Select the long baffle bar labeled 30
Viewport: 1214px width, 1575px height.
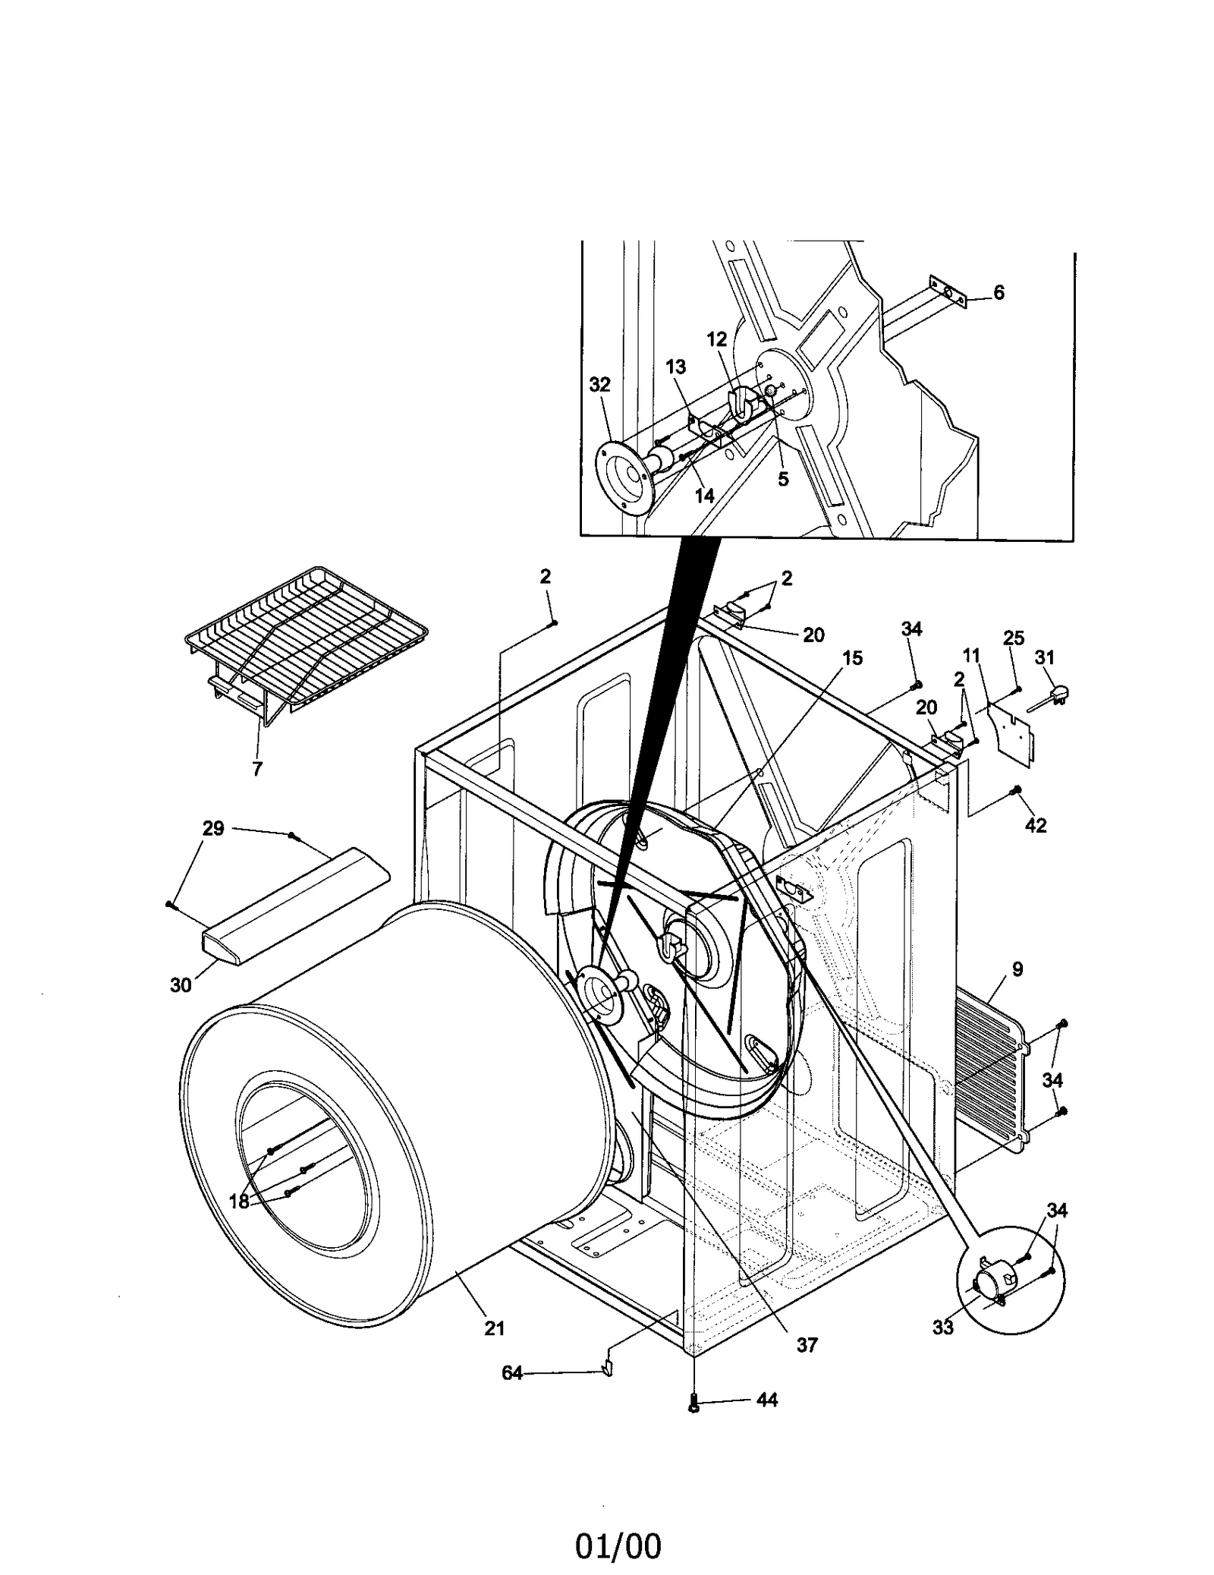(x=292, y=907)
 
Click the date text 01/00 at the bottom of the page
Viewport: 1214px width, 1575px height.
(x=618, y=1524)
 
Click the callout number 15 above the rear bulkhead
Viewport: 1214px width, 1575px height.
(x=853, y=658)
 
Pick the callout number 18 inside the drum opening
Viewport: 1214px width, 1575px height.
(x=239, y=1202)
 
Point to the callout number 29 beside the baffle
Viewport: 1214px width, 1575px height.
(x=213, y=828)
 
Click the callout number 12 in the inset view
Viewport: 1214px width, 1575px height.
(x=716, y=339)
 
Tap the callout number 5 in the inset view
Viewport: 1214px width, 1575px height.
(x=783, y=479)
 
